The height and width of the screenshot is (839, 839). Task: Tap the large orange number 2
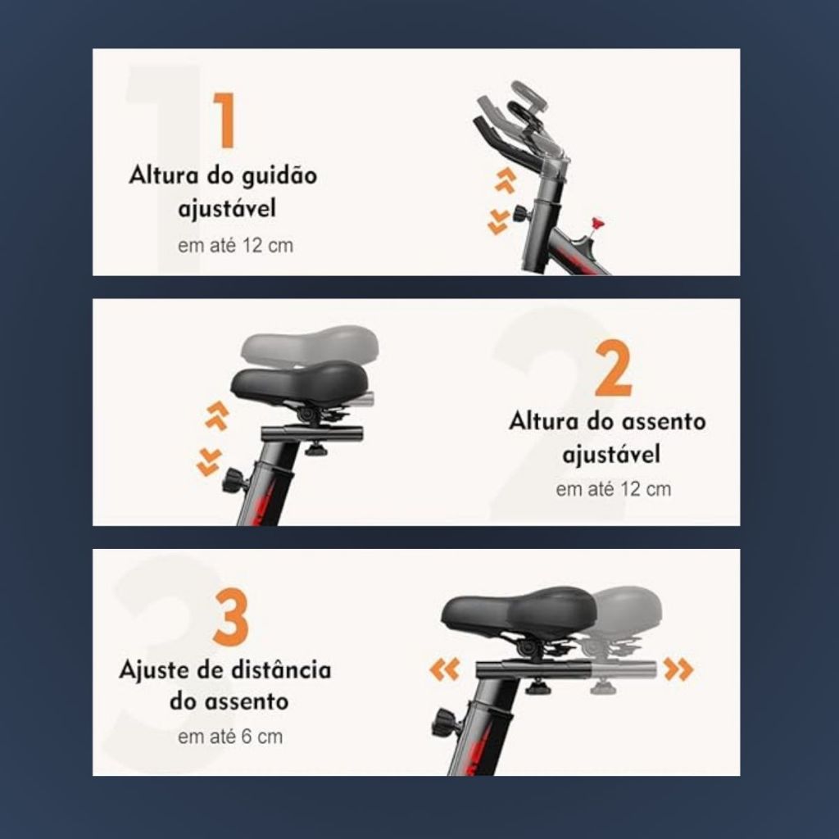613,368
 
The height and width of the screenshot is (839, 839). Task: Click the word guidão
279,176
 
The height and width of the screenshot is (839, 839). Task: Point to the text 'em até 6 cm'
230,737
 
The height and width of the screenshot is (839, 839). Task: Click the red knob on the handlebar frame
597,223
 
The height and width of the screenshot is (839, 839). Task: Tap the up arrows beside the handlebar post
505,180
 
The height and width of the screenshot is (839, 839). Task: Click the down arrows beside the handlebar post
498,222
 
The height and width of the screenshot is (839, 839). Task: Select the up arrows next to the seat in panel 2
217,415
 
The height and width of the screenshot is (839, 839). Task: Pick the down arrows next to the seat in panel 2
208,462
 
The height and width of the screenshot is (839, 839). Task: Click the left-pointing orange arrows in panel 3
445,669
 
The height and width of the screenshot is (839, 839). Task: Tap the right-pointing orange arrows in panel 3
678,669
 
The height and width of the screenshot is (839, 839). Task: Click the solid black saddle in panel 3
518,613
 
